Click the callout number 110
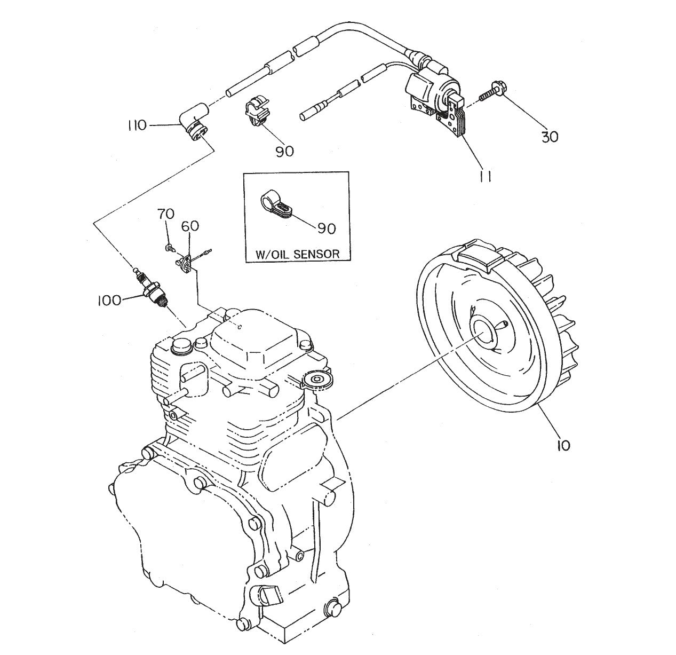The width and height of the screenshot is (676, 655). (137, 126)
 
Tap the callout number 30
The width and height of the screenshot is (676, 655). (550, 137)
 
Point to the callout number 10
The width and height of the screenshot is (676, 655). (563, 444)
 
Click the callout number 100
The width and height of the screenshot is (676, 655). (109, 300)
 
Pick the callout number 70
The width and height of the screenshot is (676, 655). (165, 214)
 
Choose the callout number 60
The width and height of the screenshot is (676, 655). (190, 226)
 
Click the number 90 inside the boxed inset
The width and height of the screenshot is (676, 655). (326, 228)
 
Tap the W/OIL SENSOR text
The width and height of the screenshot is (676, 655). (297, 254)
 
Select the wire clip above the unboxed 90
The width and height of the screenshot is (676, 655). (257, 111)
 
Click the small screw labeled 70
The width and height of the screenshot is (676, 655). (169, 248)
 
